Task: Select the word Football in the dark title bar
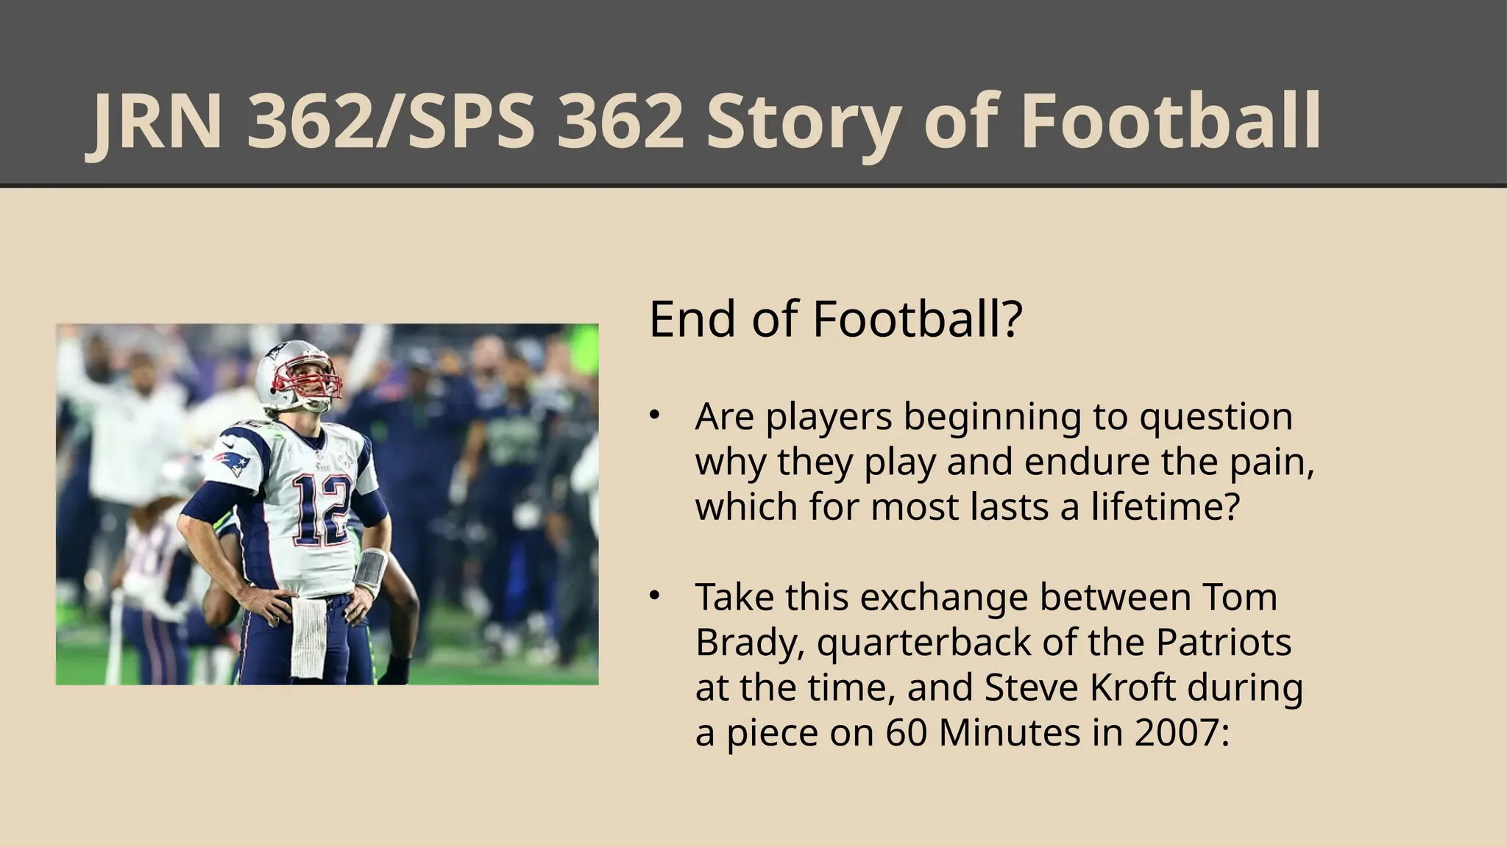click(1171, 122)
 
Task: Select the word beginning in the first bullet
click(993, 417)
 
